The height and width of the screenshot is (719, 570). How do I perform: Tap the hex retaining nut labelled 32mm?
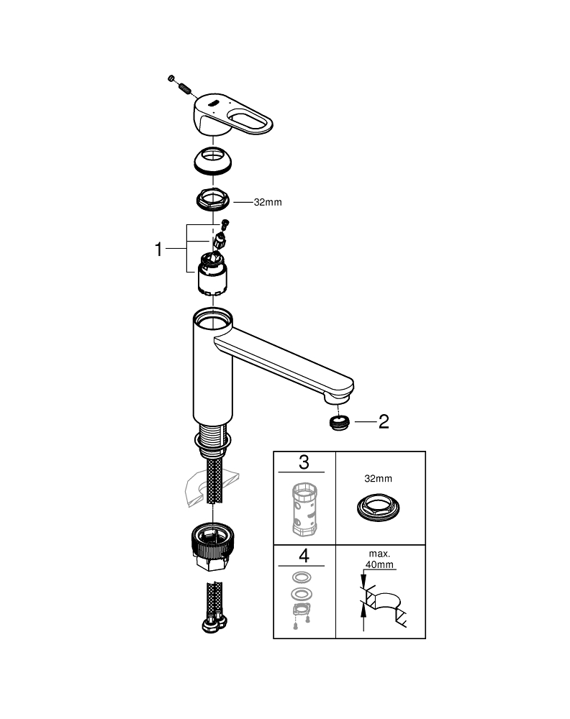[x=213, y=199]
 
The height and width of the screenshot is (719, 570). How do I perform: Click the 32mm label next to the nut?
[x=267, y=203]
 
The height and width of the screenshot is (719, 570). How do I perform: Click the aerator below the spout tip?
[x=338, y=422]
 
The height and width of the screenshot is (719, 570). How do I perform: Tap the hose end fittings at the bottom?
[x=214, y=621]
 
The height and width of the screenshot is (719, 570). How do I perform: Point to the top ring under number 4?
[x=303, y=577]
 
